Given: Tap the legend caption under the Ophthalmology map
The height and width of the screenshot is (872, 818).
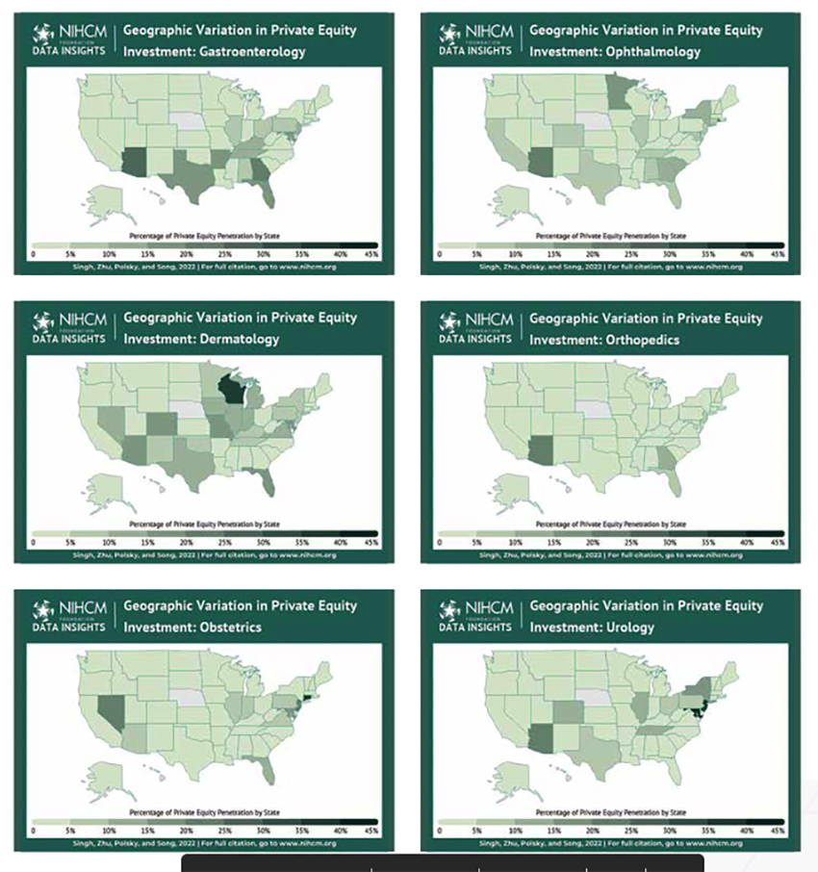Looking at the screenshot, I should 610,235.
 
